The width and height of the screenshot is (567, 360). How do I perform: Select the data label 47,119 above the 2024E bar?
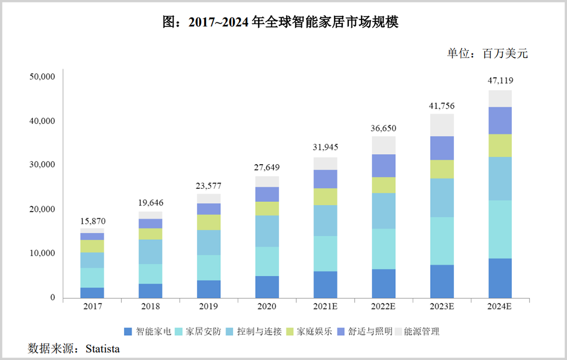tap(500, 80)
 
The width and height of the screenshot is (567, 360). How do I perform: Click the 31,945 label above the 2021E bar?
tap(325, 147)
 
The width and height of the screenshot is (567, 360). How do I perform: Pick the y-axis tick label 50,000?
tap(42, 77)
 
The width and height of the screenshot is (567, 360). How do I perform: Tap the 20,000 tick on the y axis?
tap(42, 209)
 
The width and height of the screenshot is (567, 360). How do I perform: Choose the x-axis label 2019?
tap(209, 307)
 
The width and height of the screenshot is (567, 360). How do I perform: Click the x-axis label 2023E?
tap(442, 307)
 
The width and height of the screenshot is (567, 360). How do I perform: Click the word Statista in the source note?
tap(103, 348)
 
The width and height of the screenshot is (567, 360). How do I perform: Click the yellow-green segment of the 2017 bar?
tap(92, 246)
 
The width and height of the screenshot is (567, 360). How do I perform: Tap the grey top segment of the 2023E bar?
tap(442, 125)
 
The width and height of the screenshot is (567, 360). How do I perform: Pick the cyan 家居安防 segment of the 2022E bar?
tap(384, 249)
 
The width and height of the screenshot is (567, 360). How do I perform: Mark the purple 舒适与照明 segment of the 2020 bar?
tap(267, 194)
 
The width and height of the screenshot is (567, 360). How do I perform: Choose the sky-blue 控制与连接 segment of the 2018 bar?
tap(151, 251)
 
